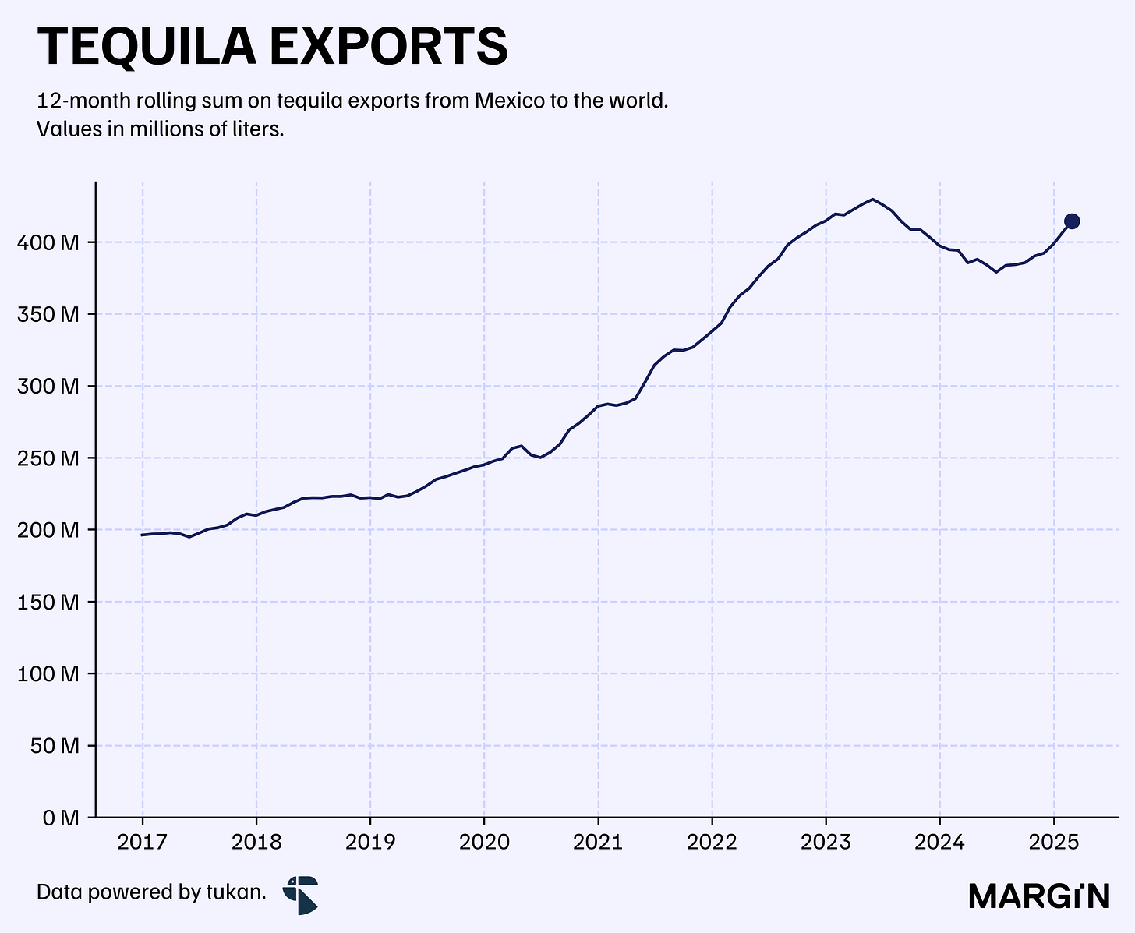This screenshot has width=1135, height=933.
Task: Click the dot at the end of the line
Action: point(1072,221)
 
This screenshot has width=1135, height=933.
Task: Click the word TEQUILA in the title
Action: point(147,47)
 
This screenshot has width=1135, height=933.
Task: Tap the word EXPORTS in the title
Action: point(388,46)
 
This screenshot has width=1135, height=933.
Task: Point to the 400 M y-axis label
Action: point(48,242)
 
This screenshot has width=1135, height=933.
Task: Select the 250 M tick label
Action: point(48,458)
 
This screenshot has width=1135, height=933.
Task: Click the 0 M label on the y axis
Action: point(61,818)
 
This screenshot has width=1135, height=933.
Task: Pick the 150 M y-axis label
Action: point(48,602)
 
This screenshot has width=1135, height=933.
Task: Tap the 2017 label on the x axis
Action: point(143,842)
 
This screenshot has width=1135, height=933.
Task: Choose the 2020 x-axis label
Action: point(484,842)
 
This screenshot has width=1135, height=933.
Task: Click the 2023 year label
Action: point(826,842)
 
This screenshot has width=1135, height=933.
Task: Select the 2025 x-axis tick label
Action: point(1054,842)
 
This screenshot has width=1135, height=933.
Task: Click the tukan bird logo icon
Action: point(301,895)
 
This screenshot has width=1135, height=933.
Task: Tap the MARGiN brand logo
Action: point(1039,896)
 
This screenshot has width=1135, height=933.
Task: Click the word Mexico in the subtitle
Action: point(510,101)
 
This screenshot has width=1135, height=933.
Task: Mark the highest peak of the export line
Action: point(872,199)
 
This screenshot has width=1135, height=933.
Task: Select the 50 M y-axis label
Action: point(55,746)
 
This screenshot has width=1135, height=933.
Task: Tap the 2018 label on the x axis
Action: point(256,842)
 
